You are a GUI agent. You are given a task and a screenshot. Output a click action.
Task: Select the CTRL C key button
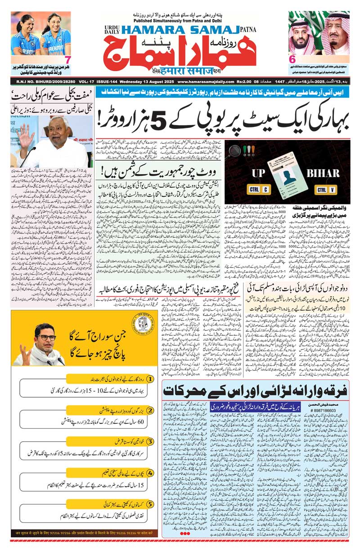(259, 190)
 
